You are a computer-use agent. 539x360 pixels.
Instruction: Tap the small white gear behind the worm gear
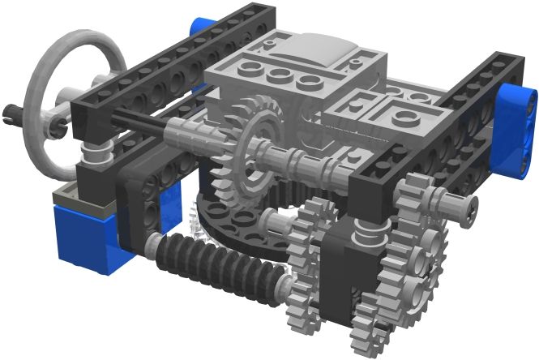[x=194, y=222]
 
